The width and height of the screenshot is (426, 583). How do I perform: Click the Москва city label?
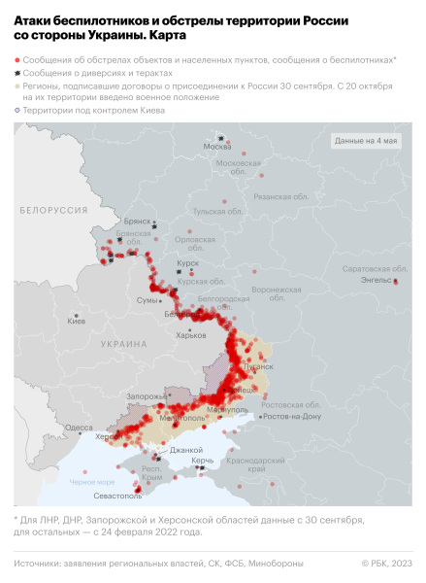(x=215, y=147)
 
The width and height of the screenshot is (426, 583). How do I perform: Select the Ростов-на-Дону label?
(x=292, y=415)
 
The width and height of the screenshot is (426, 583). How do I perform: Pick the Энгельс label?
(x=375, y=281)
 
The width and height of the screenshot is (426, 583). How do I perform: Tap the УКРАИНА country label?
(x=123, y=344)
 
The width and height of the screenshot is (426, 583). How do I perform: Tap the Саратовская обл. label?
(x=368, y=268)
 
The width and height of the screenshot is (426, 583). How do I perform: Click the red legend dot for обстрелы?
(x=17, y=59)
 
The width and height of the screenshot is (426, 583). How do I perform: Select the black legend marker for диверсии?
(x=17, y=73)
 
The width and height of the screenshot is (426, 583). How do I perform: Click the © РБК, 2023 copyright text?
(x=386, y=564)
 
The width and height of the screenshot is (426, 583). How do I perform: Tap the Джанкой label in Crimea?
(x=185, y=450)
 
